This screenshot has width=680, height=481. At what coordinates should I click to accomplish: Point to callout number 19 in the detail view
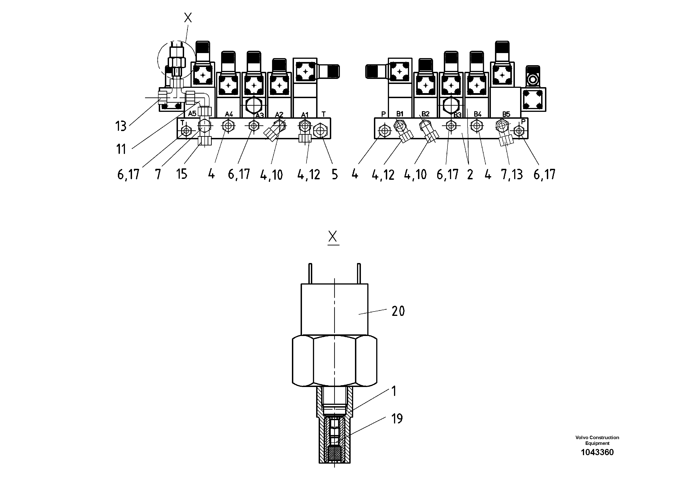pyautogui.click(x=397, y=419)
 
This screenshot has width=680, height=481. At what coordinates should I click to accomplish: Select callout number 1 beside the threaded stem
pyautogui.click(x=394, y=391)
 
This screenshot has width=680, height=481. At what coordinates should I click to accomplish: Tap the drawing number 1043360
pyautogui.click(x=597, y=452)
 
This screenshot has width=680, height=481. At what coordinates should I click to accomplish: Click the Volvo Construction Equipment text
pyautogui.click(x=597, y=440)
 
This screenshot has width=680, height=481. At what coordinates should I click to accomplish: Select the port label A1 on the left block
pyautogui.click(x=305, y=114)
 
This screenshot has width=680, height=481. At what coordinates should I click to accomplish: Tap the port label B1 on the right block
pyautogui.click(x=400, y=114)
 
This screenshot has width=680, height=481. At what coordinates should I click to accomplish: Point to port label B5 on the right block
pyautogui.click(x=506, y=114)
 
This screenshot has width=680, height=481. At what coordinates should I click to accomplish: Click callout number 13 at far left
pyautogui.click(x=121, y=126)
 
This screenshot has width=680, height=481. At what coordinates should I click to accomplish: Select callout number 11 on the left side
pyautogui.click(x=121, y=149)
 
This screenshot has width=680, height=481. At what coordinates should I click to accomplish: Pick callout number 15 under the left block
pyautogui.click(x=182, y=174)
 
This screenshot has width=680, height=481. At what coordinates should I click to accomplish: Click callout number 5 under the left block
pyautogui.click(x=335, y=175)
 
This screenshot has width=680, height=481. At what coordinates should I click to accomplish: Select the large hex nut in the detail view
pyautogui.click(x=334, y=361)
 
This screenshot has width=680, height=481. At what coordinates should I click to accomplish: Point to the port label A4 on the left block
pyautogui.click(x=229, y=114)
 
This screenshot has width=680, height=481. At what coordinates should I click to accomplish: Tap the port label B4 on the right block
pyautogui.click(x=477, y=114)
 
